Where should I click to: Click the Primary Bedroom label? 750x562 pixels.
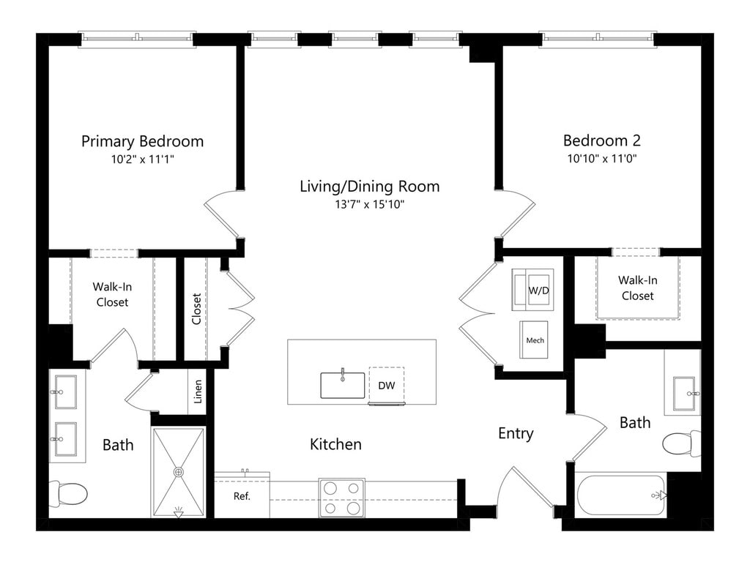[x=143, y=141]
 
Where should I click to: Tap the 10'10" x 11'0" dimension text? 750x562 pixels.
[x=602, y=158]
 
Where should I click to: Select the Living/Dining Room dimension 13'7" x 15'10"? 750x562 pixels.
[x=370, y=205]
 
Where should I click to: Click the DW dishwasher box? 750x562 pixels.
[x=387, y=385]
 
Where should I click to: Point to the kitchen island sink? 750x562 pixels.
[x=343, y=385]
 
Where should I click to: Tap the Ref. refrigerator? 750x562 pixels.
[x=242, y=496]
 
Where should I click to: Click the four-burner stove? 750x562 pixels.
[x=342, y=498]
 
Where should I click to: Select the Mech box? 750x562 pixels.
[x=534, y=340]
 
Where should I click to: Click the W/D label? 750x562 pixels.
[x=538, y=290]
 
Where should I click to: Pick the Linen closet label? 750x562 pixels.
[x=198, y=392]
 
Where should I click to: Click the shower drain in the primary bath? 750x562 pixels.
[x=179, y=472]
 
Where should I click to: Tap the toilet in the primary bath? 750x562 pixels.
[x=68, y=493]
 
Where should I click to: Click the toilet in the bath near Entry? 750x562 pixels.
[x=682, y=443]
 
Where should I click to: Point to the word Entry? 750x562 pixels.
[x=516, y=433]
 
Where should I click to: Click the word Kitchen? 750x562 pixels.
[x=335, y=444]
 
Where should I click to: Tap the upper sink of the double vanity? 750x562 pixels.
[x=64, y=392]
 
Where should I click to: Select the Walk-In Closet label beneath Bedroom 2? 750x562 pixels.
[x=638, y=288]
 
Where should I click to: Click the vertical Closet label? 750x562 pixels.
[x=196, y=310]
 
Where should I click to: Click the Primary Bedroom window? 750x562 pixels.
[x=137, y=38]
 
